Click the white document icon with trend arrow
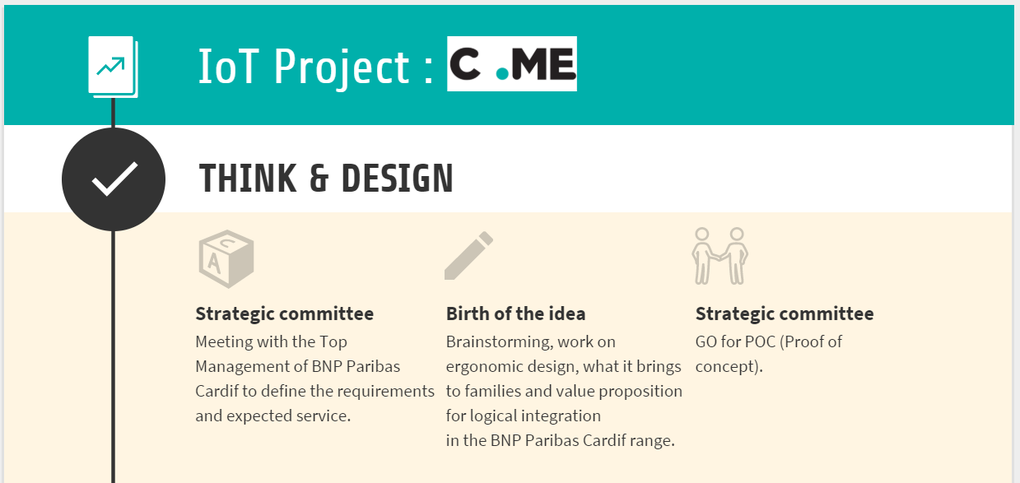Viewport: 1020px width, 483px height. pos(113,67)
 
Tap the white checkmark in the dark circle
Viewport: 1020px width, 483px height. pos(114,179)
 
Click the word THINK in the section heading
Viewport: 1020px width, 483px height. pos(248,179)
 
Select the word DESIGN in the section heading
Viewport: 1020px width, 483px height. pos(397,179)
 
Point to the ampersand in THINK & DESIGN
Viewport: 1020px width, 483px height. pos(319,179)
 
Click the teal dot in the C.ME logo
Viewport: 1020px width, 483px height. pos(502,74)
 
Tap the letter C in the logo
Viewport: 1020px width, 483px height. pos(465,63)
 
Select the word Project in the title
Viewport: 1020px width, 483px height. pos(342,68)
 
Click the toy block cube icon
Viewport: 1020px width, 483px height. pos(226,259)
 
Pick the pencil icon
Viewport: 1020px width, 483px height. pos(468,256)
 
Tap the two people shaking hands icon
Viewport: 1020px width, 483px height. pos(720,256)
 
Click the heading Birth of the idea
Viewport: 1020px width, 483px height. pos(515,313)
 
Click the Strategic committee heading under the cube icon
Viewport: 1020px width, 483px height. pos(285,313)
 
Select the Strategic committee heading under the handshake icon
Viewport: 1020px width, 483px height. pos(784,313)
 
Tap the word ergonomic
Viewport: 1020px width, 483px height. pos(484,367)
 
